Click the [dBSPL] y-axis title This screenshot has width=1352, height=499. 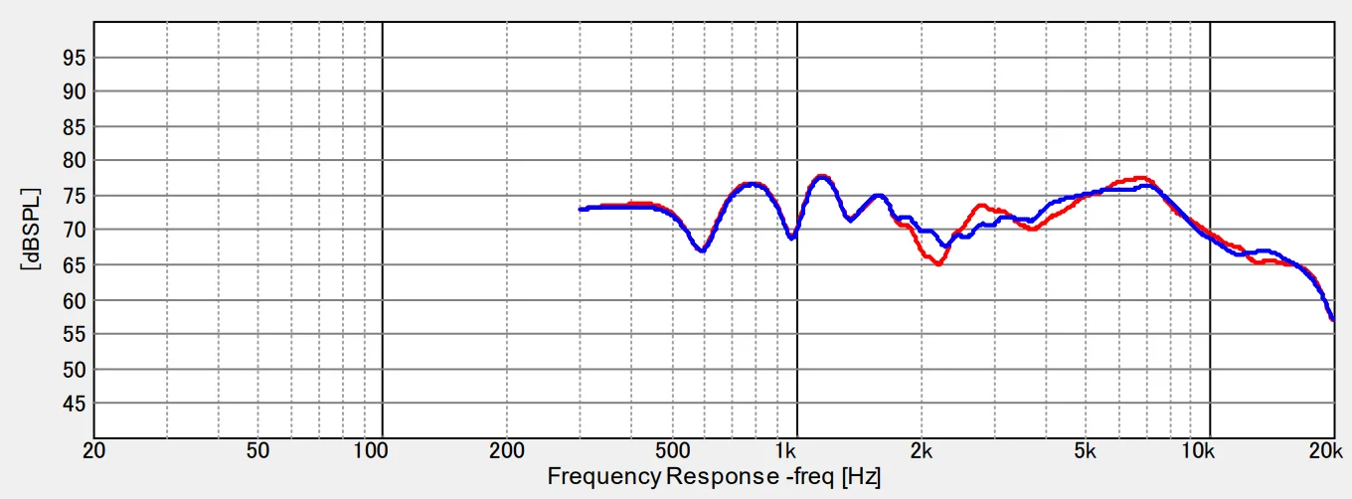[x=31, y=230]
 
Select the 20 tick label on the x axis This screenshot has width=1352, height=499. [x=94, y=449]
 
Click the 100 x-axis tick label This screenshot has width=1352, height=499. [x=371, y=449]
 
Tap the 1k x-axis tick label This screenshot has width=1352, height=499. [x=787, y=449]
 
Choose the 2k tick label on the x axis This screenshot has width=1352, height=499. [x=922, y=449]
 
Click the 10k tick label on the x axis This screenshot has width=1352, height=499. [x=1198, y=449]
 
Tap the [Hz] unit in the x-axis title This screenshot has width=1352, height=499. [x=861, y=477]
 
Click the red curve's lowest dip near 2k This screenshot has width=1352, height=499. [x=937, y=263]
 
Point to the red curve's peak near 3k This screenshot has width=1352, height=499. [x=981, y=206]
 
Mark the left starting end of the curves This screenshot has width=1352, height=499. [x=581, y=209]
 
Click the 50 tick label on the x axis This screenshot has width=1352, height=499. [x=258, y=449]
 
